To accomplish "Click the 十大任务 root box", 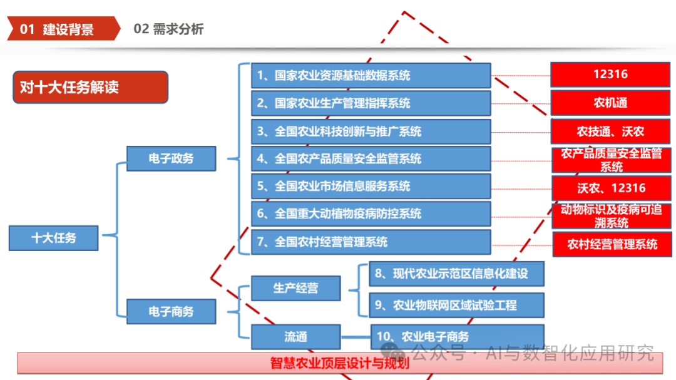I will coord(54,238).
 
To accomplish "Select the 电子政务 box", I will coord(171,158).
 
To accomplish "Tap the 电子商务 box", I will coord(171,311).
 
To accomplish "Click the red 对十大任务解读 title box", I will coord(90,87).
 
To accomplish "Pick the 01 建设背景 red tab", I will coord(63,29).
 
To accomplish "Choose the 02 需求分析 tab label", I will coord(168,29).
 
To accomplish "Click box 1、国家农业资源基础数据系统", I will coord(371,76).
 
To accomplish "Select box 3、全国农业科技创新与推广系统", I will coord(371,131).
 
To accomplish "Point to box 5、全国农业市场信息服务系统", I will coord(371,186).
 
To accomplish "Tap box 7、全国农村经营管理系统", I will coord(371,242).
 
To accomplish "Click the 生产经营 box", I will coord(295,288).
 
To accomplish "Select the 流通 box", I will coord(295,337).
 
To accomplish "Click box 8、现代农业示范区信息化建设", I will coord(456,274).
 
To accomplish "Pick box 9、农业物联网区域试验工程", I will coord(456,305).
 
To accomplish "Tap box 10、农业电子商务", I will coord(456,336).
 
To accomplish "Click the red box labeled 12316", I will coord(610,74).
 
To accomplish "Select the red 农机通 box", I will coord(610,103).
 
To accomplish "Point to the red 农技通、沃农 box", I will coord(610,131).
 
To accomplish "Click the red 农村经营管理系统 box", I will coord(612,244).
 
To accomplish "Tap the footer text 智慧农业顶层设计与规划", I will coord(339,363).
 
